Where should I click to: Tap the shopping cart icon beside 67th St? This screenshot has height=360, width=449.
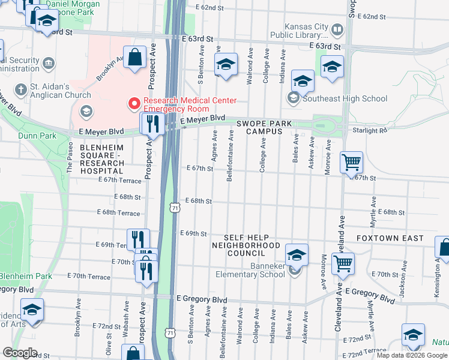351,162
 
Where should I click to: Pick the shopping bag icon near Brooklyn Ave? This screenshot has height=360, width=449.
135,58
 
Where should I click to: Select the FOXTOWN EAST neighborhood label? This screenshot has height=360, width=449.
390,238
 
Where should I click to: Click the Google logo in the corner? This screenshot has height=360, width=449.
20,352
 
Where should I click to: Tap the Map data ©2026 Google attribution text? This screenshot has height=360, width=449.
411,355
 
